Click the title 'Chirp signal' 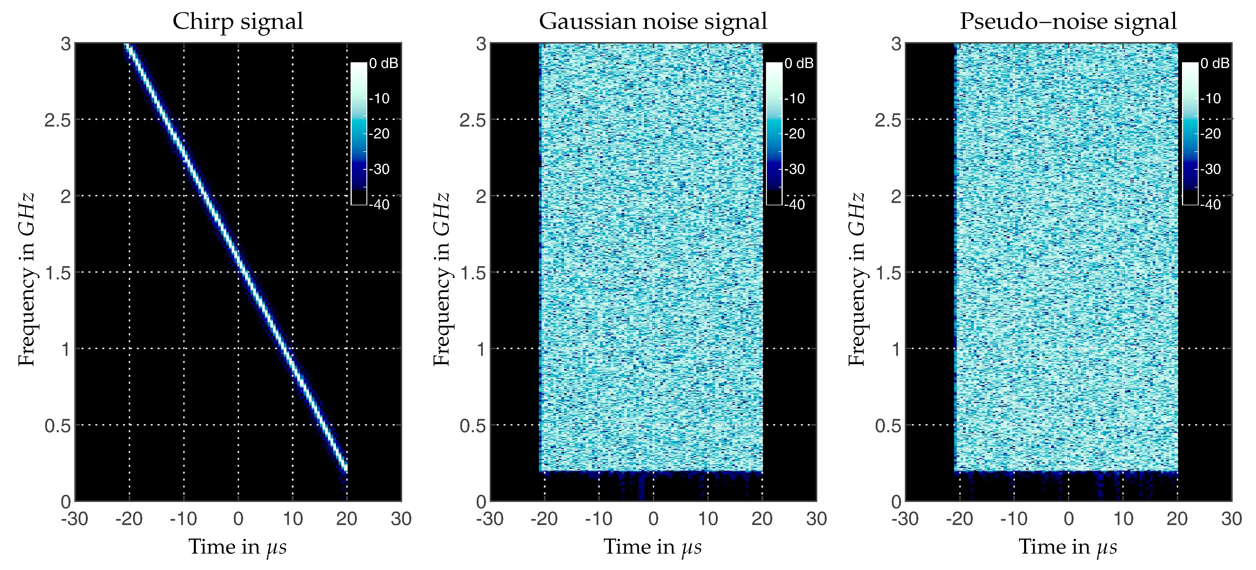coord(238,21)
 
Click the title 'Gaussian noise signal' coord(653,21)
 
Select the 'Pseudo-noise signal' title coord(1068,21)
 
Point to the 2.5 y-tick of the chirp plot coord(58,120)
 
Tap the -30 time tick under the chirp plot coord(75,519)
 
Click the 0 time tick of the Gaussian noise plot coord(653,519)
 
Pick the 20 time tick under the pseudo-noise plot coord(1177,519)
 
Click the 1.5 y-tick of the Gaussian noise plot coord(472,273)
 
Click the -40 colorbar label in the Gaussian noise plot coord(796,204)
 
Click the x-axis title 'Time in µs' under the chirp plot coord(238,547)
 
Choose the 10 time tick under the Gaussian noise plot coord(708,519)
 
